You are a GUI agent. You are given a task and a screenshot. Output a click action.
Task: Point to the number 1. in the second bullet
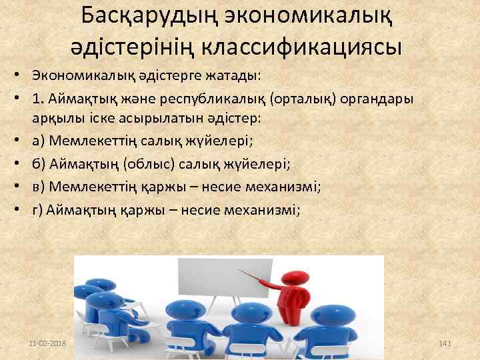tap(36, 99)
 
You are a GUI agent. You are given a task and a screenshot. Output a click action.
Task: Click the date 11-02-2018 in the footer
tap(49, 342)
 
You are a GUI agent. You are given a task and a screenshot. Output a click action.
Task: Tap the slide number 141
tap(445, 342)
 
